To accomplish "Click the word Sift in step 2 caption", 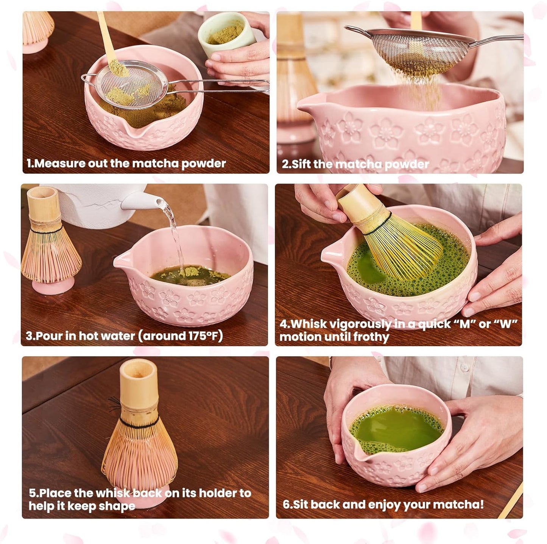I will click(301, 164).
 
